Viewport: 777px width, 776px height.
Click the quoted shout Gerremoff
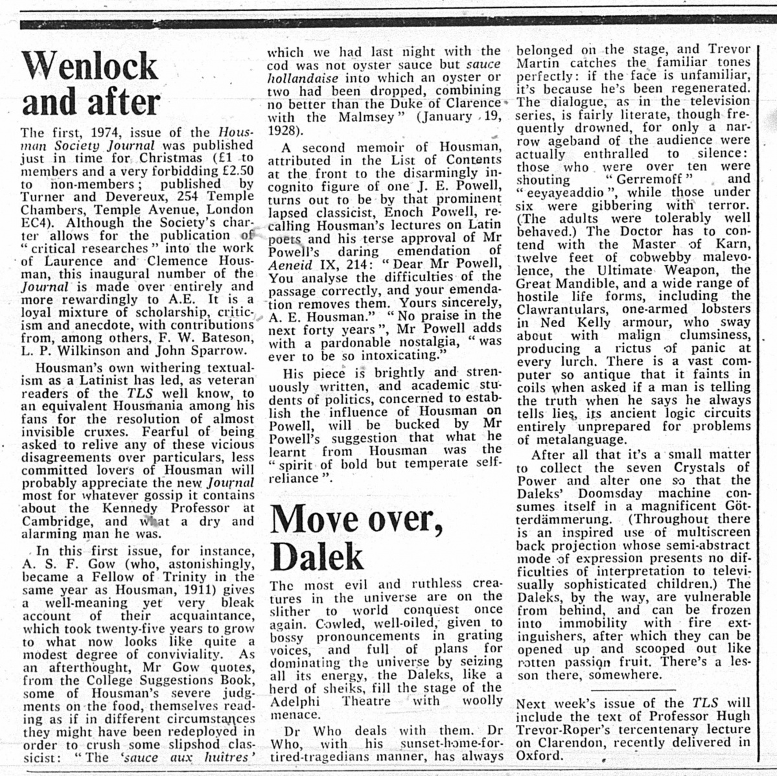644,179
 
